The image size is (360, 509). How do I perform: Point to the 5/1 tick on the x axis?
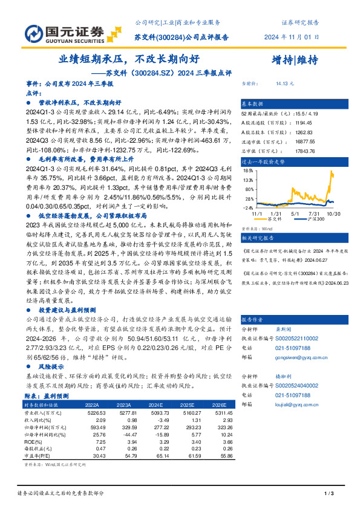pyautogui.click(x=295, y=213)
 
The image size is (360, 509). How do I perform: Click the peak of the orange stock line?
pyautogui.click(x=332, y=173)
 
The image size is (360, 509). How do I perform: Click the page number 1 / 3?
pyautogui.click(x=329, y=494)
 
